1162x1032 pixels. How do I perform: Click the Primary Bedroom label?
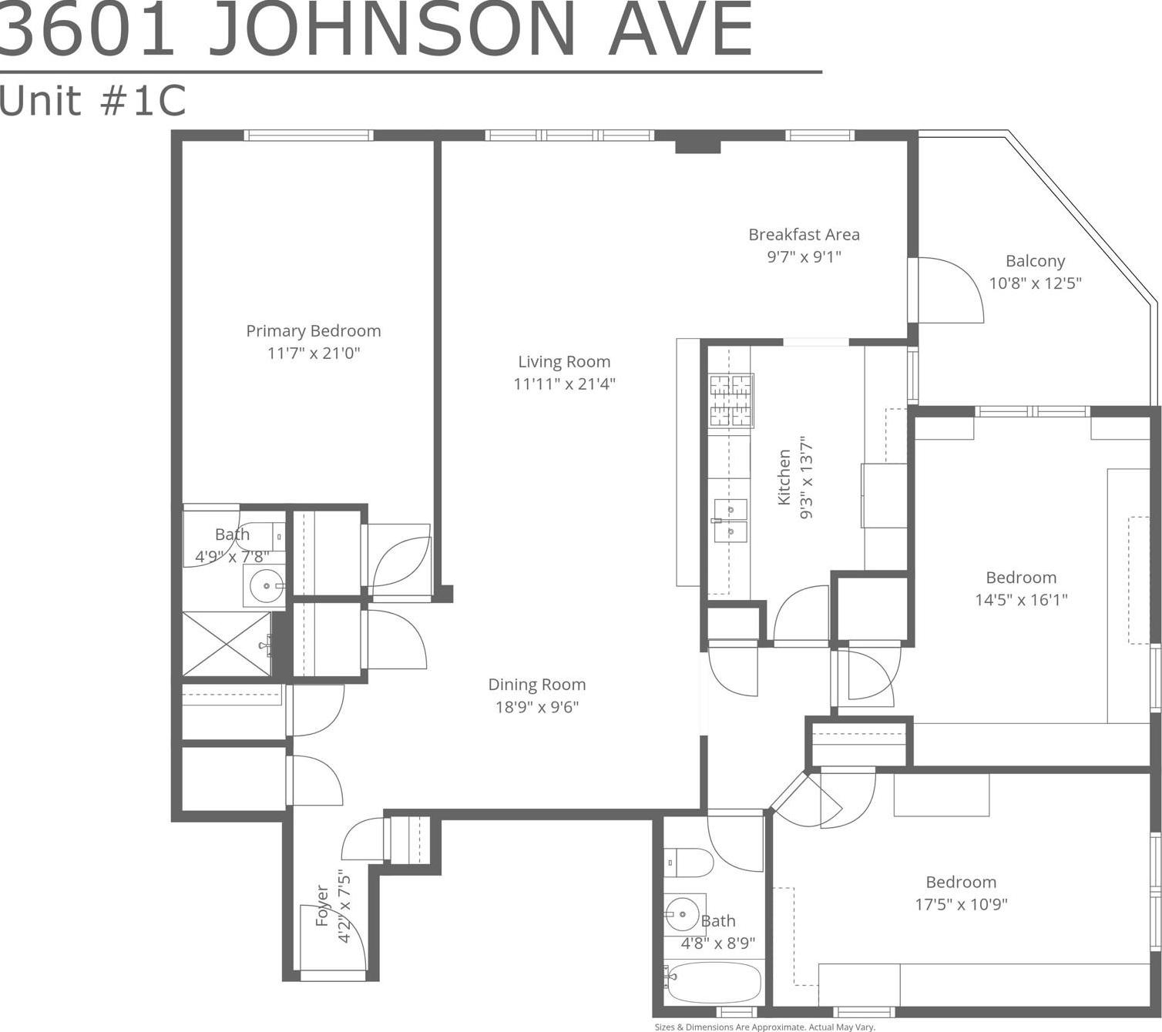pos(314,331)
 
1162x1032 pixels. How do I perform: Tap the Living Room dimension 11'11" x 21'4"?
pos(564,384)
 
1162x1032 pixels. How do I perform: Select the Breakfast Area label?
pos(804,235)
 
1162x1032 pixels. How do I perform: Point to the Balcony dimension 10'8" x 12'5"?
pos(1035,283)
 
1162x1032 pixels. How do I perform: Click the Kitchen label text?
pos(784,477)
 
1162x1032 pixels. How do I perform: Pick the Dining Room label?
pos(537,685)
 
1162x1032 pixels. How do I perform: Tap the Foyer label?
pos(323,906)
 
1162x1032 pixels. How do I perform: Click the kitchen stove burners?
pos(731,400)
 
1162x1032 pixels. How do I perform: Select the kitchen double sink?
pos(730,521)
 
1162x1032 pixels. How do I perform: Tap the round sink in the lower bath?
pos(683,914)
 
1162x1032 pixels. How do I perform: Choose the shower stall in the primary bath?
pos(227,644)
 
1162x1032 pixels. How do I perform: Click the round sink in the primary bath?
pos(265,587)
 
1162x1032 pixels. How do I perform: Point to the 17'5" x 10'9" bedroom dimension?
pos(961,904)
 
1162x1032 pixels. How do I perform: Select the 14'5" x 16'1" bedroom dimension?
pos(1021,600)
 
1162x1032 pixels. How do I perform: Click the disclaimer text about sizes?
pos(764,1027)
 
